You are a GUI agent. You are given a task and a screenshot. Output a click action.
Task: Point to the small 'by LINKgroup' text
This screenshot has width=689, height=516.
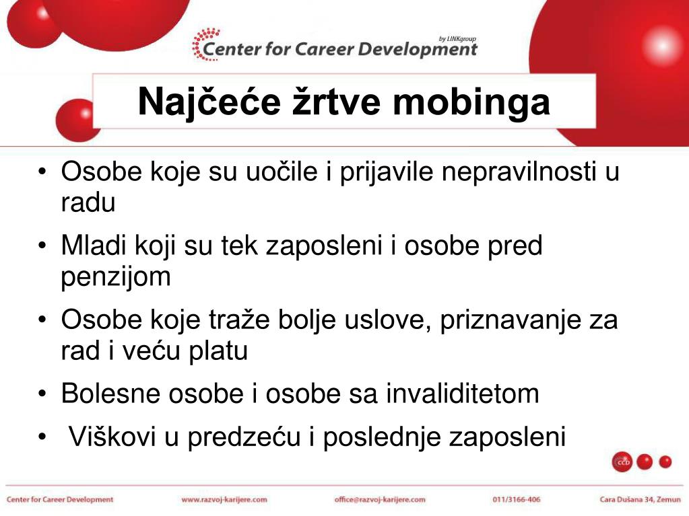(457, 38)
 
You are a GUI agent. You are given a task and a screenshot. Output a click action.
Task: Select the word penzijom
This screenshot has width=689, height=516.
(116, 277)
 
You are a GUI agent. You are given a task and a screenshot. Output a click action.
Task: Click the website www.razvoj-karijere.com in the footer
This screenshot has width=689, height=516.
(224, 500)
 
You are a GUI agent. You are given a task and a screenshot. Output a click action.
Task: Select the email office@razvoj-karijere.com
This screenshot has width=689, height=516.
(380, 500)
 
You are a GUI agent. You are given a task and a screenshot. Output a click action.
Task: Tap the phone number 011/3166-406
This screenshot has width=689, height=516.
(517, 500)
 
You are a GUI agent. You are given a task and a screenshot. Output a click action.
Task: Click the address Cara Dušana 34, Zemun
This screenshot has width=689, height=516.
(639, 500)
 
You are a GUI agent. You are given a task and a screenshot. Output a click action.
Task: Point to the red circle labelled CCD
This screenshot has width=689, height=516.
(622, 462)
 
